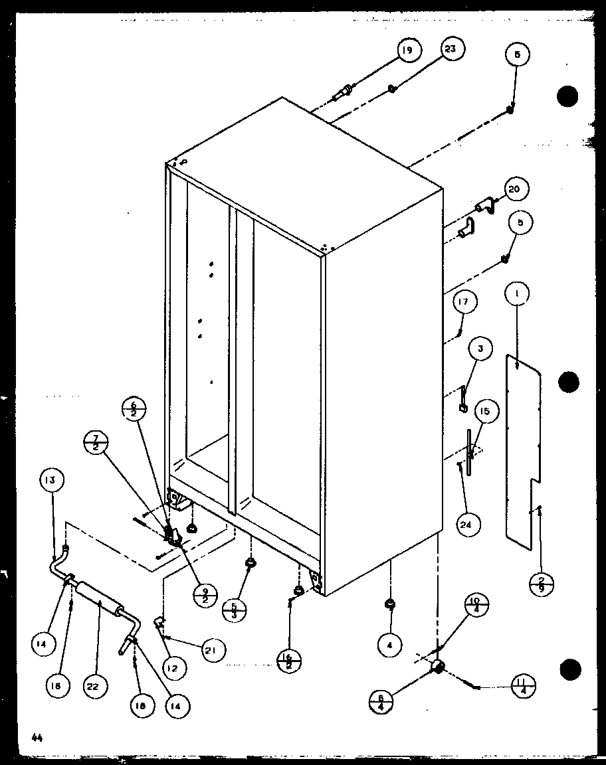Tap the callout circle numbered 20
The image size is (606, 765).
pyautogui.click(x=514, y=189)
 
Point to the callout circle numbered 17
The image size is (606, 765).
pyautogui.click(x=464, y=303)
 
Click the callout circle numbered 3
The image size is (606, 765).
pyautogui.click(x=480, y=349)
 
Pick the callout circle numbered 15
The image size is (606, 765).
pyautogui.click(x=485, y=412)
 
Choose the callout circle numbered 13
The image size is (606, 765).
pyautogui.click(x=52, y=480)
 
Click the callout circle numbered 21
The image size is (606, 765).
pyautogui.click(x=214, y=649)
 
